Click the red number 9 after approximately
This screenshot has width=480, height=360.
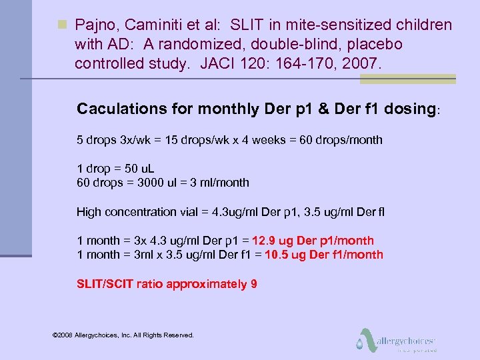[x=254, y=284]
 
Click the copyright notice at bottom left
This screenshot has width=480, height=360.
[x=123, y=335]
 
